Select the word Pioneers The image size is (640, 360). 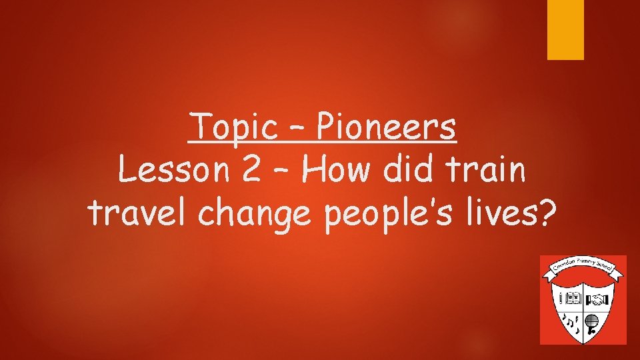[x=387, y=127]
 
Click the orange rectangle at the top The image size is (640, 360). [x=565, y=29]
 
